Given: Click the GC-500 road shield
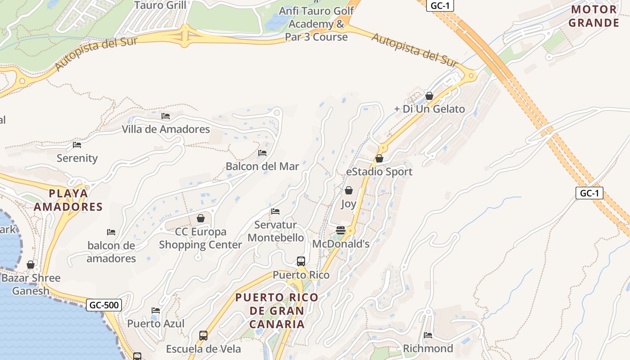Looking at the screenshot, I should (104, 305).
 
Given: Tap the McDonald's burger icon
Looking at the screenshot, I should (341, 230).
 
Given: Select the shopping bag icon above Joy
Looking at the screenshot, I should (348, 190).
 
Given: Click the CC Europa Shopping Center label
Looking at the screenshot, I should (201, 238).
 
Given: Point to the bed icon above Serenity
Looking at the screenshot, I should (77, 145).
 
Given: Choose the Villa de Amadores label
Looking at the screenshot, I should (166, 129).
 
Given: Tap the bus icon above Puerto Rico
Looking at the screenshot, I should (301, 261).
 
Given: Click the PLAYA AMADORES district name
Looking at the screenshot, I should (68, 200).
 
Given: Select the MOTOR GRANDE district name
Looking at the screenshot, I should (594, 16).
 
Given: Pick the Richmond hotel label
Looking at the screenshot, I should (428, 348).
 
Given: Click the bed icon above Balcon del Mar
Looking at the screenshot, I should (262, 153).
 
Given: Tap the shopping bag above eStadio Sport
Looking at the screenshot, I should (379, 158).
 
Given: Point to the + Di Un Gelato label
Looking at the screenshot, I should (429, 109).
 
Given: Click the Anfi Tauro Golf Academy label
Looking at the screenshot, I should (316, 24).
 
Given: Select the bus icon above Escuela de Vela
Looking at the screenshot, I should (203, 336).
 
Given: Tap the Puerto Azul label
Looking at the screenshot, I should (156, 324).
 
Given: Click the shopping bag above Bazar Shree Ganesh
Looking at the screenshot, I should (31, 265).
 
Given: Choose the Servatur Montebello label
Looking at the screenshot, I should (275, 231).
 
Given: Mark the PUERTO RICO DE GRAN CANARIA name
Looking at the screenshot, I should (277, 310).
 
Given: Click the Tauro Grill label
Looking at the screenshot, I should (160, 5).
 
